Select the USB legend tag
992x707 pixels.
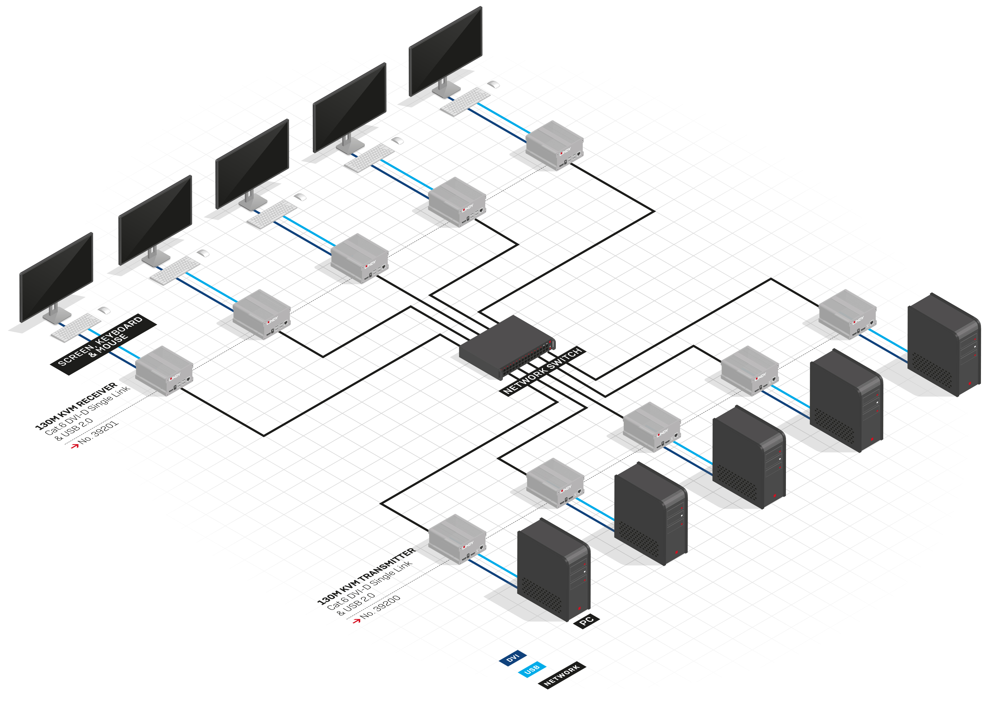tap(531, 670)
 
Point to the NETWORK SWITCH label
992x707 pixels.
tap(542, 371)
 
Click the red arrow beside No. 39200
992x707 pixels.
tap(356, 620)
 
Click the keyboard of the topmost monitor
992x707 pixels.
tap(465, 101)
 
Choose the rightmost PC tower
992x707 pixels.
tap(943, 344)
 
